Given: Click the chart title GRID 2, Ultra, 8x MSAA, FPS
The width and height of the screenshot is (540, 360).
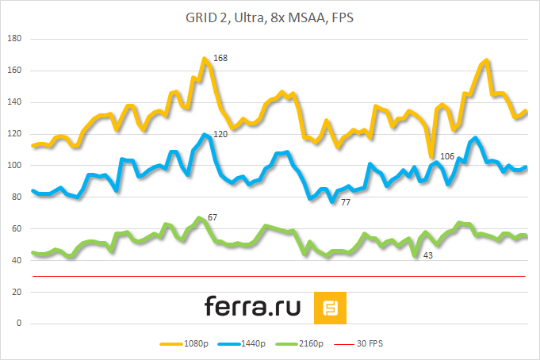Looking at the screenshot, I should tap(270, 18).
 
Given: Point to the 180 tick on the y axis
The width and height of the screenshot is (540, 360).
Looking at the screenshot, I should tap(16, 39).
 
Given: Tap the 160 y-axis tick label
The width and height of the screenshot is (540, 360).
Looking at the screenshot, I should tap(16, 71).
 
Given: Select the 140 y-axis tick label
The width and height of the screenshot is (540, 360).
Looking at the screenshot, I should tap(16, 102).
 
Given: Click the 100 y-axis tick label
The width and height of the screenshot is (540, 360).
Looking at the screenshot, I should tap(16, 166).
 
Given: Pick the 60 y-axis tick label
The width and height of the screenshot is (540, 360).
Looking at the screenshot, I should tap(18, 229).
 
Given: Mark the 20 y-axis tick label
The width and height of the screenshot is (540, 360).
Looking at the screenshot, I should tap(18, 293).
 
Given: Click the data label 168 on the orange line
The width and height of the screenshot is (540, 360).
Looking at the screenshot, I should tap(220, 58).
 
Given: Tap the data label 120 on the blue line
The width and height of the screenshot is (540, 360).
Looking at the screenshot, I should tap(220, 134).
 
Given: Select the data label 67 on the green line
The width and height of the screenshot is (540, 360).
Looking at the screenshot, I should tap(213, 216).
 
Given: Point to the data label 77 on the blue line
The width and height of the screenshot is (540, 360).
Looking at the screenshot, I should tap(346, 203).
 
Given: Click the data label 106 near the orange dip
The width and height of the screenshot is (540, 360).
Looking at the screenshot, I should tap(446, 156).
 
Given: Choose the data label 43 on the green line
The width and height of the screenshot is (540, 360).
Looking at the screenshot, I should tap(427, 255).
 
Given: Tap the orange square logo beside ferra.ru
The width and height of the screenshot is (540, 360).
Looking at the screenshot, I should tap(330, 308).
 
